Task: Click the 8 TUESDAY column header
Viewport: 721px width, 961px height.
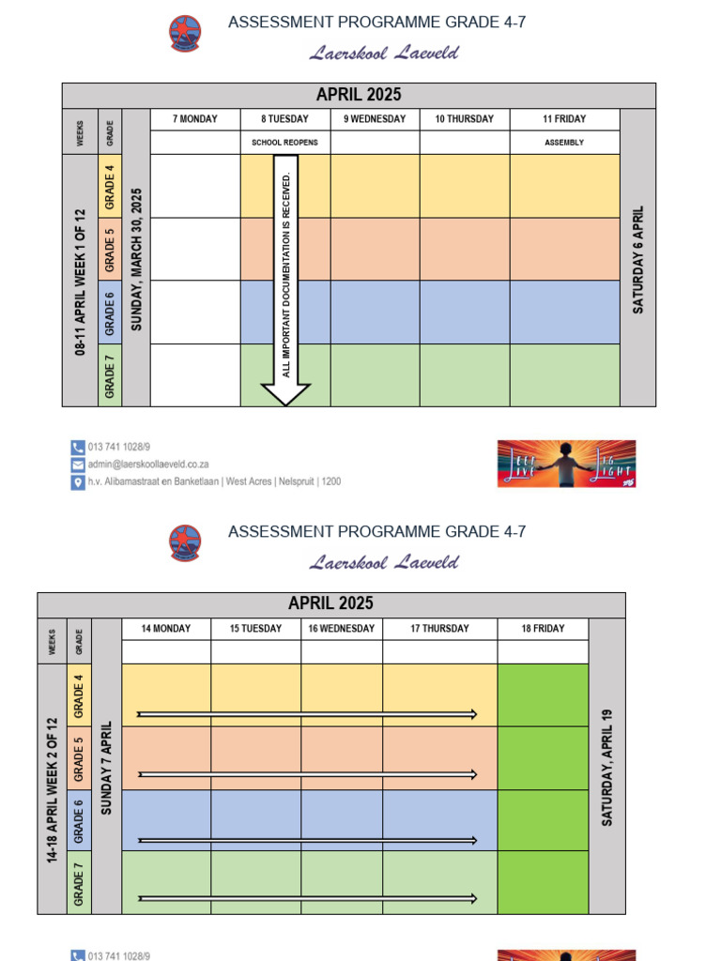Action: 285,119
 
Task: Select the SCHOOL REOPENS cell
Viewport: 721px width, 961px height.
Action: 285,143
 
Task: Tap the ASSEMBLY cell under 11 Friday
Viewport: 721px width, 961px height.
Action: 564,143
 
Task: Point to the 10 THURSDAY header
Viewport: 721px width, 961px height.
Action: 465,119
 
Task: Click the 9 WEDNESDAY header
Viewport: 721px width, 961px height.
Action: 375,119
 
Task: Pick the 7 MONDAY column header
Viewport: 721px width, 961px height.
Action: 195,119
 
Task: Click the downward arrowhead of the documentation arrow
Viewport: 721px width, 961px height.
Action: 285,394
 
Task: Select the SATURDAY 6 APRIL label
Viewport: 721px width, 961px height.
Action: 638,259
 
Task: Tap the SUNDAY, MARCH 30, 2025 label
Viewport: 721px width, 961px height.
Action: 136,259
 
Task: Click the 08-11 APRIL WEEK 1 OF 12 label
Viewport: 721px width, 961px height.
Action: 81,282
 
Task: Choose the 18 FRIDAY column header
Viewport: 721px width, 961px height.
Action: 543,629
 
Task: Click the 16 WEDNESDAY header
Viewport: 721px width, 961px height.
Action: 342,629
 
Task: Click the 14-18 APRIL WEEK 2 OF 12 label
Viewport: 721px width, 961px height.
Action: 53,790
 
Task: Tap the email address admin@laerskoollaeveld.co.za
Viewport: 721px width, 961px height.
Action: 148,464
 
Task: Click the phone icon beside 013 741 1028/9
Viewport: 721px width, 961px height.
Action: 78,447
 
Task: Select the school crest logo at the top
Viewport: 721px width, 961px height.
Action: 185,34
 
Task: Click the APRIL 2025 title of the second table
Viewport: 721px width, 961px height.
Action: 330,604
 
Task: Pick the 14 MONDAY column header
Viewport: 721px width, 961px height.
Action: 166,629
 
